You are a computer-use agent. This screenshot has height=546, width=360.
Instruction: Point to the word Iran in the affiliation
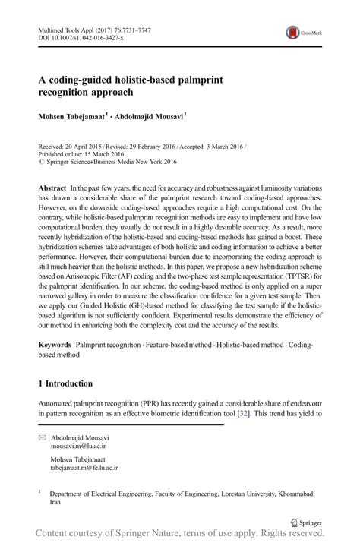tap(56, 502)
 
